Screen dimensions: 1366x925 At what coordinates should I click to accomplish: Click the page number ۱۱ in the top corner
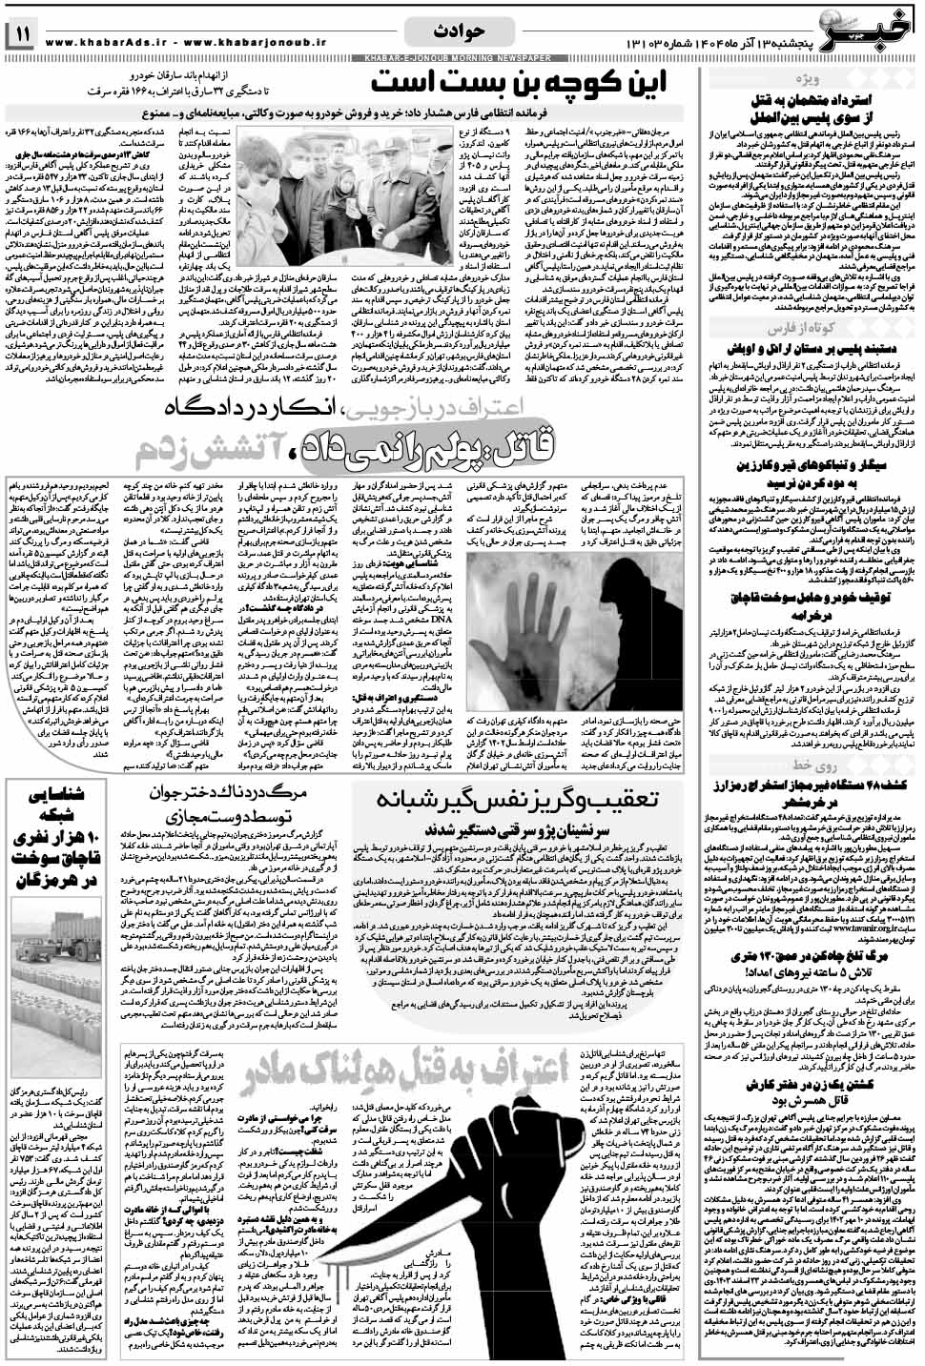point(22,37)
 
